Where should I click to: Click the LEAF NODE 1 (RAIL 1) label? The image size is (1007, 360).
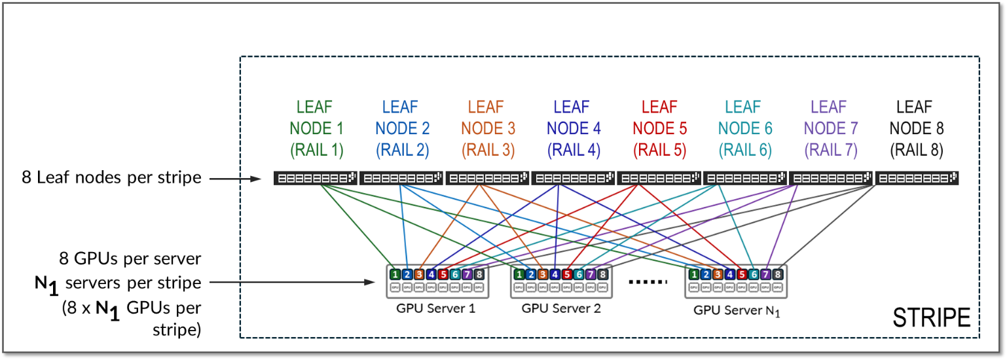pos(316,128)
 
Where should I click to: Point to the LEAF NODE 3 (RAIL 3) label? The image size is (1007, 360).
pos(487,128)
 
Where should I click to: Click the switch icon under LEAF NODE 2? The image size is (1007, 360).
pos(401,177)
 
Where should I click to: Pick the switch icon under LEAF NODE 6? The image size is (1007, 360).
pos(744,177)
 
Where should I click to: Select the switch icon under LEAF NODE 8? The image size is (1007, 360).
pos(916,177)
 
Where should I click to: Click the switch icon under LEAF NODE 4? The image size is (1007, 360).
pos(573,177)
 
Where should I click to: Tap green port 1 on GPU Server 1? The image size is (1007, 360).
pos(395,274)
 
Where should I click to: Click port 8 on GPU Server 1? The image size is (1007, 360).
pos(480,274)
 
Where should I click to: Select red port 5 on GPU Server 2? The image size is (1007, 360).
pos(567,274)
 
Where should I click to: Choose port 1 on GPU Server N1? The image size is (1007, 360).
pos(694,274)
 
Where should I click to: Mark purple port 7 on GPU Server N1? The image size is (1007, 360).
pos(765,274)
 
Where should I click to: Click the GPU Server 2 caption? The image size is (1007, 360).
pos(561,307)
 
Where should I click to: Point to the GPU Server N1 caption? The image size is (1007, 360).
pos(737,309)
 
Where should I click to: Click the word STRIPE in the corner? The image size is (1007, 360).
pos(932,317)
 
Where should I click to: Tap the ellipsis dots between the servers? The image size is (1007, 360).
pos(647,281)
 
